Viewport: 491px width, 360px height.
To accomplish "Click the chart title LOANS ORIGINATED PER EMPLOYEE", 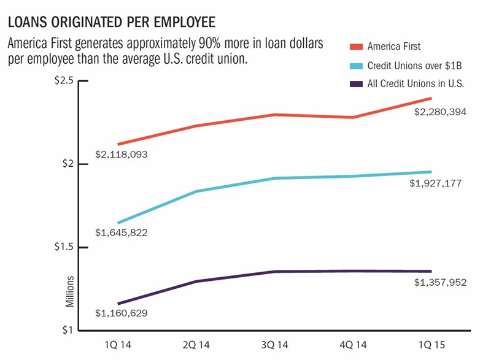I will tap(111, 23).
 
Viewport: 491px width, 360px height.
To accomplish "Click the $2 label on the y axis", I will tap(67, 164).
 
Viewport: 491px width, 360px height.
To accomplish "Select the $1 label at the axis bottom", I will tap(67, 331).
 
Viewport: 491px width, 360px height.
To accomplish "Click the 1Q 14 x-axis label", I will tap(117, 346).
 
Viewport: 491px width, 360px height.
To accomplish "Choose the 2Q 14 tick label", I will tap(196, 346).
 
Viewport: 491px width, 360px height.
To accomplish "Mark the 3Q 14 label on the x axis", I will tap(275, 346).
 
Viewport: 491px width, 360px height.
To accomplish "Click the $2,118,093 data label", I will tap(121, 155).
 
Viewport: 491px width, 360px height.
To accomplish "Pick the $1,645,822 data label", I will tap(121, 233).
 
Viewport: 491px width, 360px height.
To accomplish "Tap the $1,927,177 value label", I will tap(436, 183).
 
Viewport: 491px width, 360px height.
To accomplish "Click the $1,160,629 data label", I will tap(121, 313).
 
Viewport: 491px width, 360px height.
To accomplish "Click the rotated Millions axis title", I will tap(71, 293).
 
